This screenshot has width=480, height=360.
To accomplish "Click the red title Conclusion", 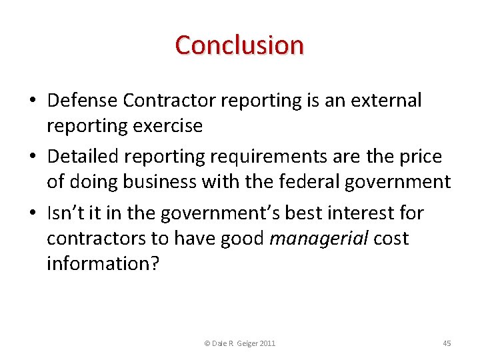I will [x=239, y=45].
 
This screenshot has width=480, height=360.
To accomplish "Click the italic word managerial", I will [x=319, y=239].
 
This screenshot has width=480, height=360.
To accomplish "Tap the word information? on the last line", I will [x=103, y=263].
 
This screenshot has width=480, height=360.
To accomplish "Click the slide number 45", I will [x=447, y=343].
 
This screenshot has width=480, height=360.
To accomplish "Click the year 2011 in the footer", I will [x=267, y=343].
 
